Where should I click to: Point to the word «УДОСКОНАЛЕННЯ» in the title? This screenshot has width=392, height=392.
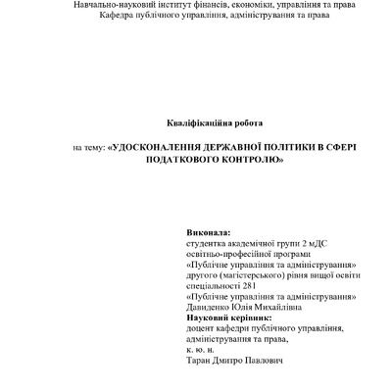pyautogui.click(x=159, y=146)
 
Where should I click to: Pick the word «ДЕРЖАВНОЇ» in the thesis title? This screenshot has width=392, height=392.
pyautogui.click(x=235, y=146)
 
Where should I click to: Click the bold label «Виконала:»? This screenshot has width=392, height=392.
pyautogui.click(x=208, y=232)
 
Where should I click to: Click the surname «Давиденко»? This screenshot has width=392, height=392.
pyautogui.click(x=211, y=308)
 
